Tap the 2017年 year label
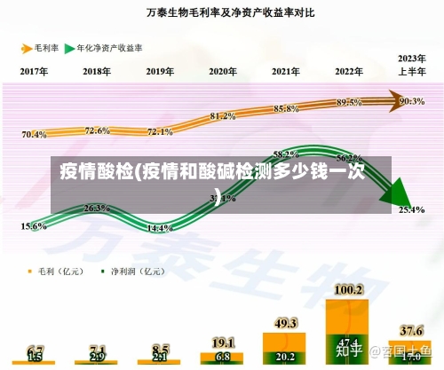(34, 71)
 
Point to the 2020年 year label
(223, 71)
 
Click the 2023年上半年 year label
(410, 65)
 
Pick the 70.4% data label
(34, 135)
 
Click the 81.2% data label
(223, 116)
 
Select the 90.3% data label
(412, 101)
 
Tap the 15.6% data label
(34, 226)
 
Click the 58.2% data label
(286, 154)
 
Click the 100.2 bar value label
(348, 289)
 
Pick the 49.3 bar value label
(286, 323)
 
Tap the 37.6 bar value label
(411, 330)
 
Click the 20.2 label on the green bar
(286, 357)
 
